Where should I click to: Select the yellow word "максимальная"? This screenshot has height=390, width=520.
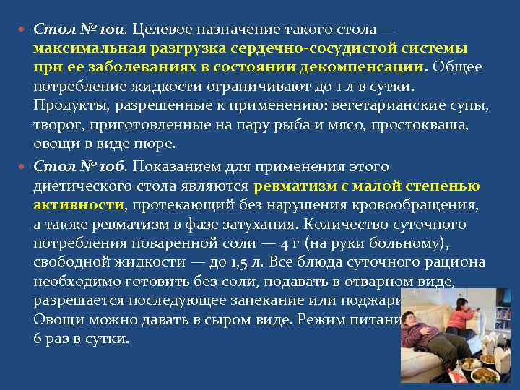point(88,49)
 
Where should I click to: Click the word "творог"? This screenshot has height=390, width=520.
point(55,125)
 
